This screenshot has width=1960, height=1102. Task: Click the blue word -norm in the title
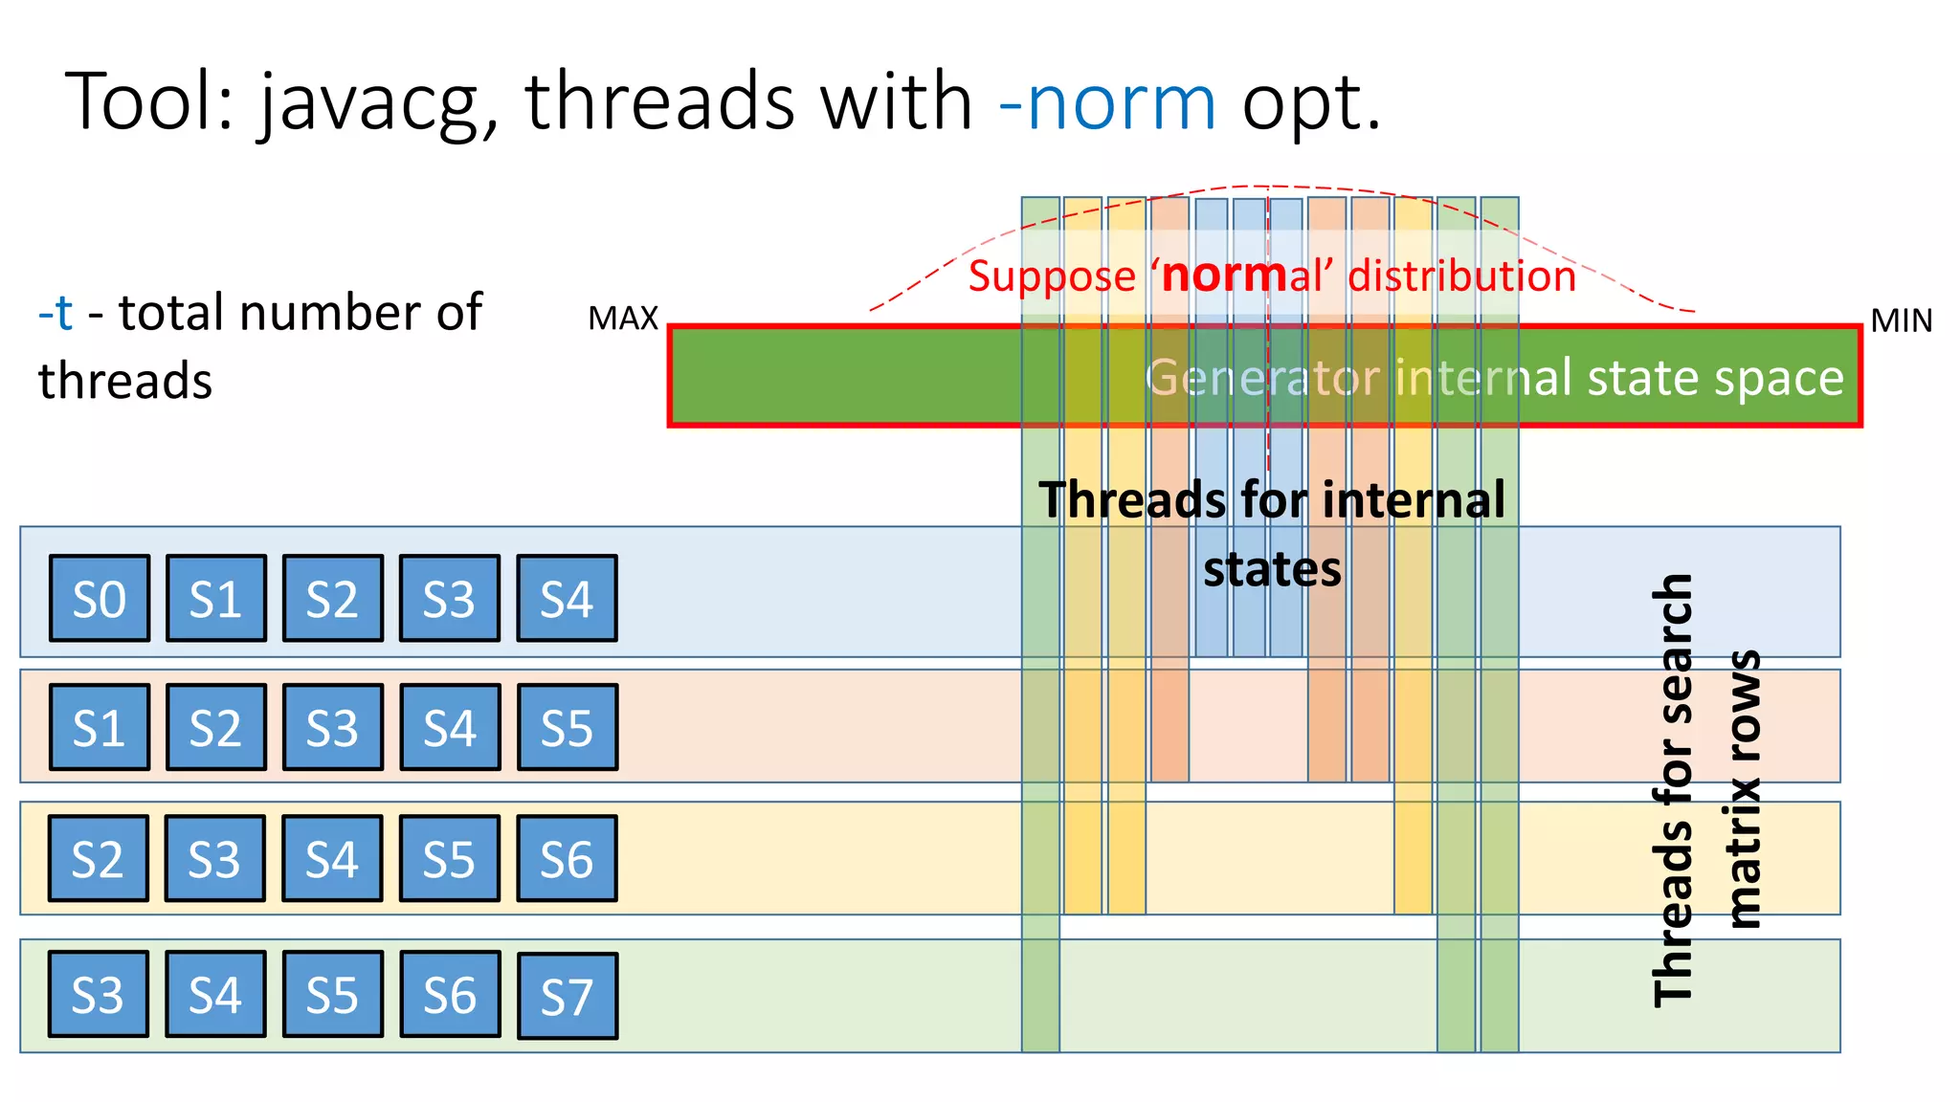coord(1106,103)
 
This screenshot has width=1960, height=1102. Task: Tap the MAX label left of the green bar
coord(623,319)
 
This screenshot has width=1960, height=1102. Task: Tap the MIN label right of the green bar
coord(1901,320)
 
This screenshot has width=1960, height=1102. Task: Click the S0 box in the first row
coord(100,599)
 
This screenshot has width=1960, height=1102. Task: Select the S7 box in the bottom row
coord(568,997)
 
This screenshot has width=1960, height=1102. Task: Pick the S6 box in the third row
coord(567,859)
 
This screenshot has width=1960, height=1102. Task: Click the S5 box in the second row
coord(568,728)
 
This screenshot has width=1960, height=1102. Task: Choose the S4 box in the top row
coord(567,599)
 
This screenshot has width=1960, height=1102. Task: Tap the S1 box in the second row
coord(100,728)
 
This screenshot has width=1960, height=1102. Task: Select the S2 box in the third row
coord(99,859)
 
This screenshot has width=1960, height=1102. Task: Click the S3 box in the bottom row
coord(99,995)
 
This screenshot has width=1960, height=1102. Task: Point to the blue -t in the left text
coord(56,313)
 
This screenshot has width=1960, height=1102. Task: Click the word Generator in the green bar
coord(1261,378)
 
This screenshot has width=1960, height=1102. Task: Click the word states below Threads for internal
coord(1272,570)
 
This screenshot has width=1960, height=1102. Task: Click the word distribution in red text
coord(1461,276)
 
